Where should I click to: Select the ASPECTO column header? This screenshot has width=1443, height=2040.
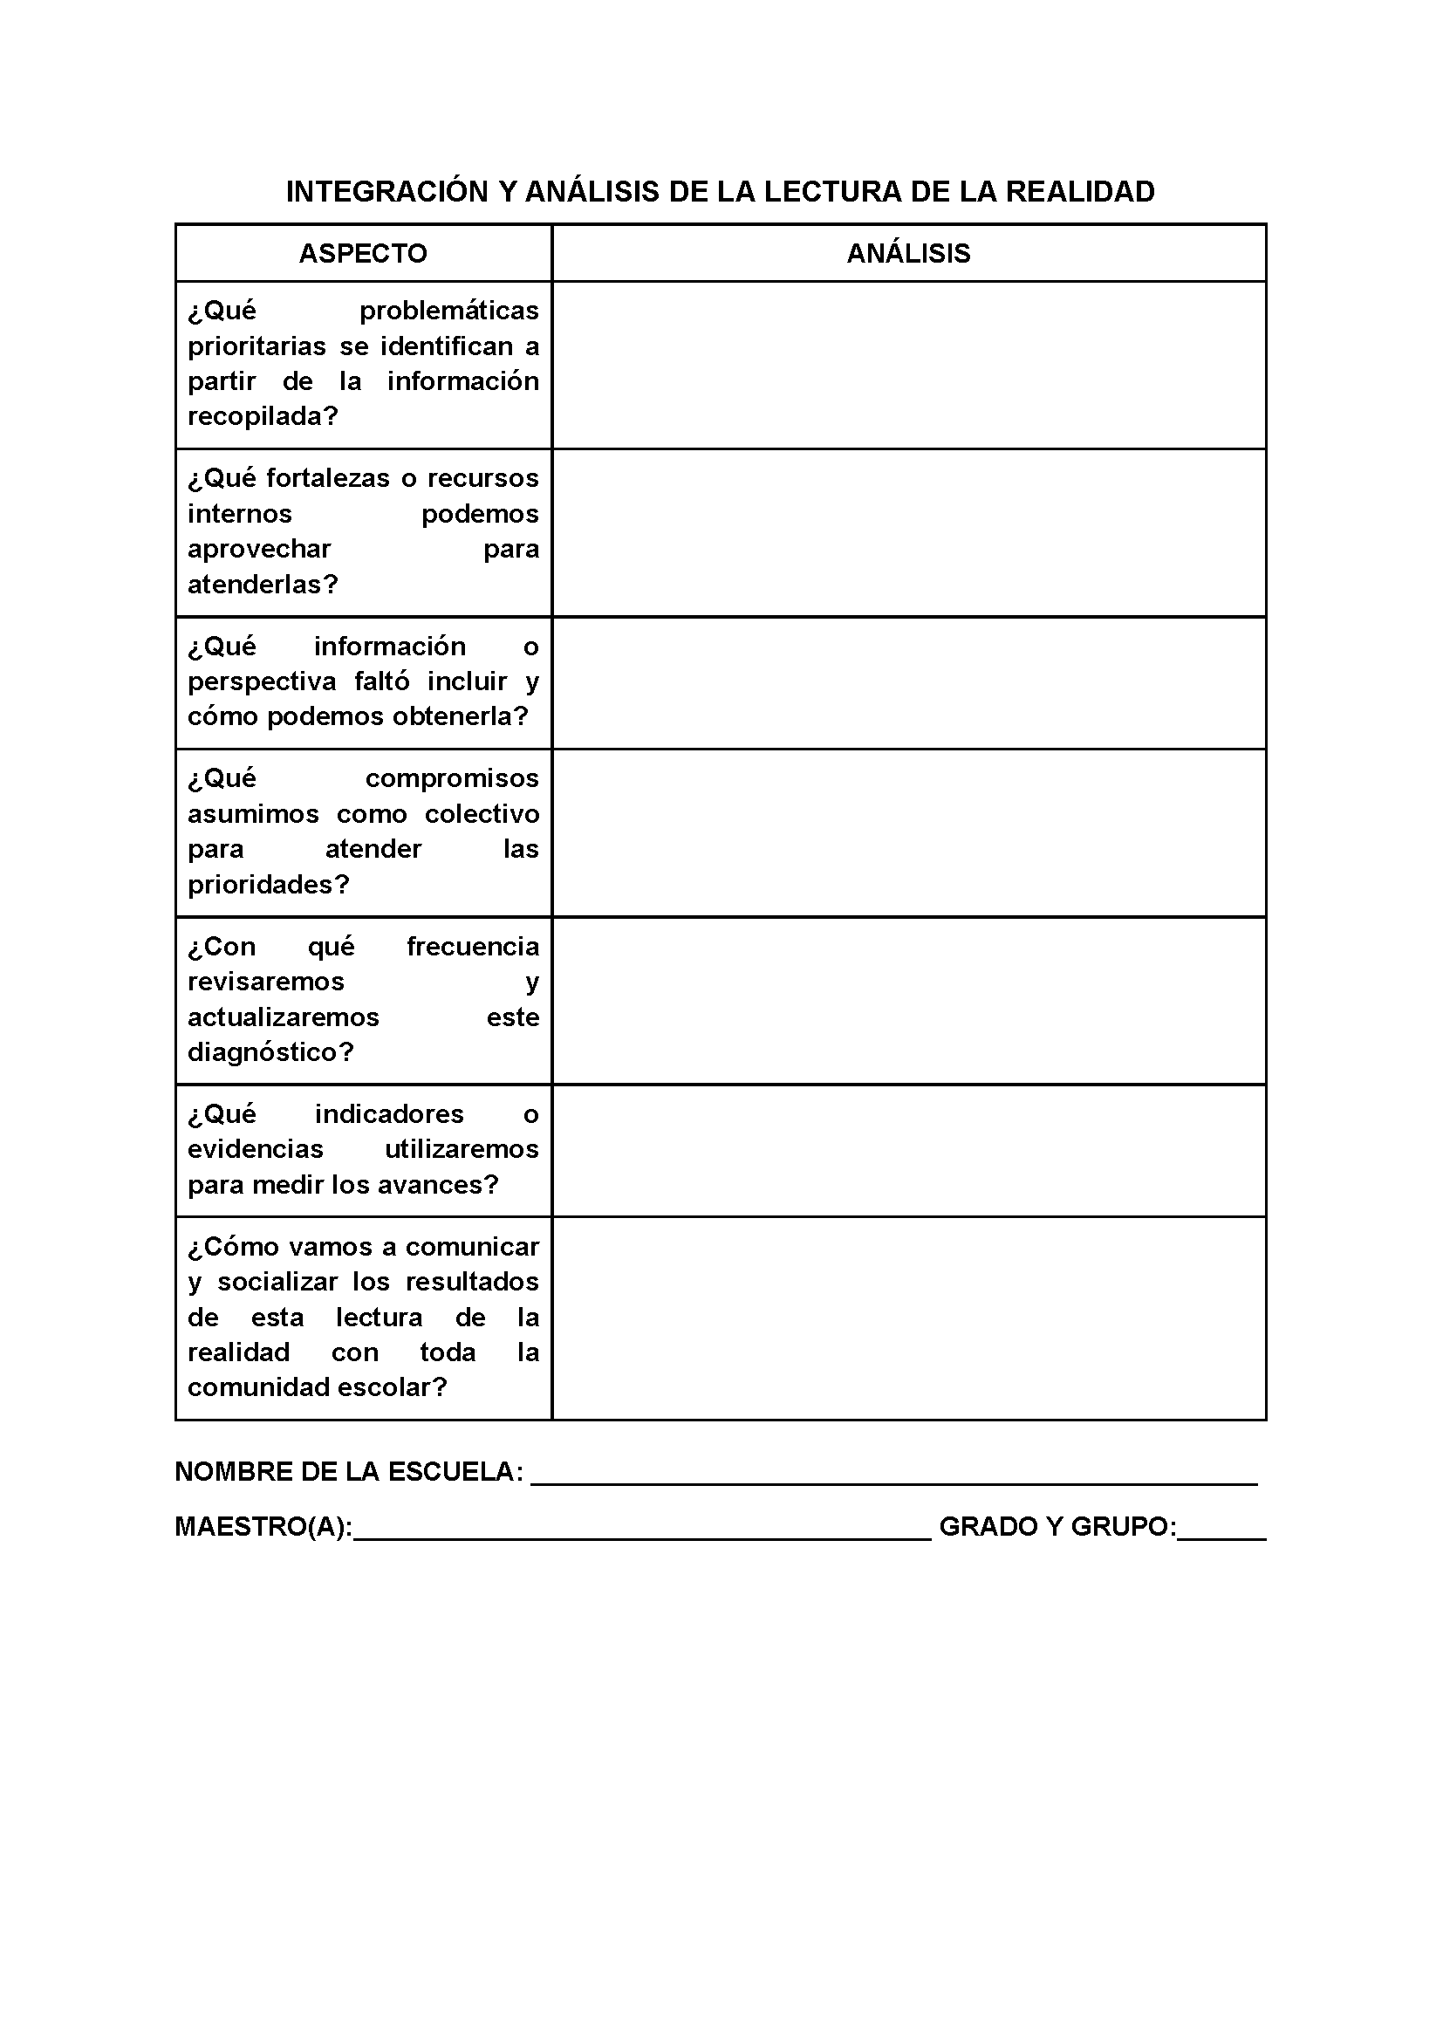[363, 254]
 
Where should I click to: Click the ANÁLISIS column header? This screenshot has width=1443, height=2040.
[908, 254]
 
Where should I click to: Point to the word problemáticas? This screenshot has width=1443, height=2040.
[448, 311]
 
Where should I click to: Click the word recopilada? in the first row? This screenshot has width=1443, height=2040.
[263, 417]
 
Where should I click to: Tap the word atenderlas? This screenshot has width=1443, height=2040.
[263, 585]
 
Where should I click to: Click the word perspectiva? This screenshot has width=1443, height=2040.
[262, 681]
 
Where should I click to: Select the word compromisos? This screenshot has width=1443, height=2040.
[452, 778]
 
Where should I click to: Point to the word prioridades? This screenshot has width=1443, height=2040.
[269, 885]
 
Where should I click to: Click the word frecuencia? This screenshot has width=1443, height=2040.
[473, 948]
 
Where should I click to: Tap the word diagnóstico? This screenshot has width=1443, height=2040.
[270, 1053]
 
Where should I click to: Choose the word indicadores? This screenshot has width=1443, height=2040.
[389, 1114]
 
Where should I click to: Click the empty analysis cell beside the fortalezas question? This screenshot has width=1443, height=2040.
[908, 532]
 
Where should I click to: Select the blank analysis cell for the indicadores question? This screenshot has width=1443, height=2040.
[908, 1151]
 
